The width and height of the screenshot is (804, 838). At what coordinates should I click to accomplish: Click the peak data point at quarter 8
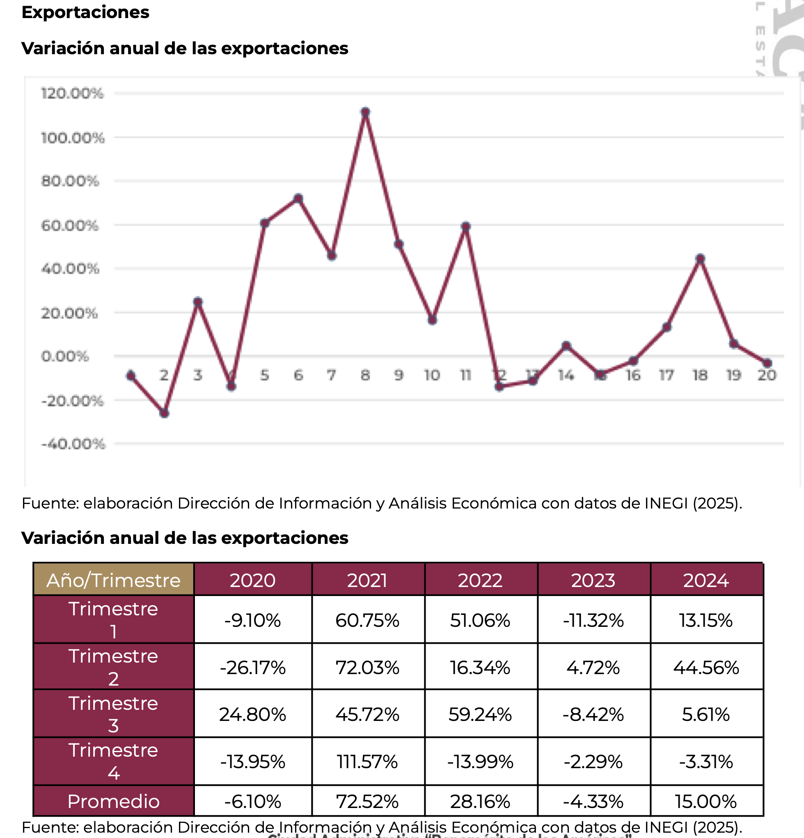[365, 112]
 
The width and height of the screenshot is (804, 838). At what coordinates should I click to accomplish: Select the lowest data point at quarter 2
[165, 413]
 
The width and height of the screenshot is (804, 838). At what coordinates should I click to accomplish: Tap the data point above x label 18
[700, 259]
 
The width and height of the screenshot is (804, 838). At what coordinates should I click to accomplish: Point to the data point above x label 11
[466, 226]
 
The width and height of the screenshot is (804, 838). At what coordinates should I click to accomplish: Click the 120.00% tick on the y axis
[72, 93]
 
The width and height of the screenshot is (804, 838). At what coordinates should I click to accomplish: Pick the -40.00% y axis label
[73, 444]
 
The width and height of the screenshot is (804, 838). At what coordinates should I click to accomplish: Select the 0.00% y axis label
[65, 356]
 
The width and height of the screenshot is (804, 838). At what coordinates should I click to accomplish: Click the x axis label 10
[432, 375]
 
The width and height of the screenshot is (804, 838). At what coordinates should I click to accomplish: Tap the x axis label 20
[766, 375]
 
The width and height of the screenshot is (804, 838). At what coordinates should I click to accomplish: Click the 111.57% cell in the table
[367, 762]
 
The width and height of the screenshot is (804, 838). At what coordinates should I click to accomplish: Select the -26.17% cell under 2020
[252, 668]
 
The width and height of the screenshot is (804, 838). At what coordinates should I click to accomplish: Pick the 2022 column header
[480, 580]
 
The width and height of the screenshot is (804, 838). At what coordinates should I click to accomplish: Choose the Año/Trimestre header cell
[113, 580]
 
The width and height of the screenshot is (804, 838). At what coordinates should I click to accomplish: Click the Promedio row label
[113, 801]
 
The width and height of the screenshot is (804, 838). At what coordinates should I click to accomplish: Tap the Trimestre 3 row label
[113, 714]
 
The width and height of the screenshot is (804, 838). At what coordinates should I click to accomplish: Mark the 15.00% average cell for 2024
[706, 801]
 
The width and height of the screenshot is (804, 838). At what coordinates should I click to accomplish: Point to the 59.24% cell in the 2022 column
[480, 714]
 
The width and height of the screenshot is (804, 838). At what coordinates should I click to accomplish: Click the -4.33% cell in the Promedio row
[593, 801]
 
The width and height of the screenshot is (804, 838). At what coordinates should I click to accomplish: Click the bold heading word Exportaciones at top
[85, 12]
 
